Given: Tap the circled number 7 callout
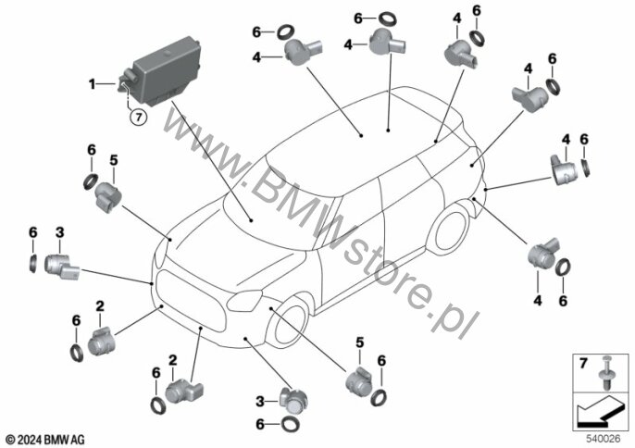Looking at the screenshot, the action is coord(139,118).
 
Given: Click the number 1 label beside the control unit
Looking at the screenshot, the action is coord(93,84).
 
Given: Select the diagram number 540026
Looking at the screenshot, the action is coord(603,439).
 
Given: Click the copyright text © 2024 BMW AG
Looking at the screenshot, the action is coord(45,439).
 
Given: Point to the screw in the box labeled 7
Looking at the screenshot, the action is coord(606,373).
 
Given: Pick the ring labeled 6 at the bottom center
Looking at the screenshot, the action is coord(292,424).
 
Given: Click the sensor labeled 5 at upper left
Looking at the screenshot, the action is coord(108,196).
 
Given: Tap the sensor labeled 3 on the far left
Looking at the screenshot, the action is coord(61,266).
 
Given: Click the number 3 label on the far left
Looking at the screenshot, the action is coord(59,232).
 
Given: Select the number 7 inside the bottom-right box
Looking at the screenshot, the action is coord(583,364).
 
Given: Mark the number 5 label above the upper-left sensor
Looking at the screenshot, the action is coord(114,160).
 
